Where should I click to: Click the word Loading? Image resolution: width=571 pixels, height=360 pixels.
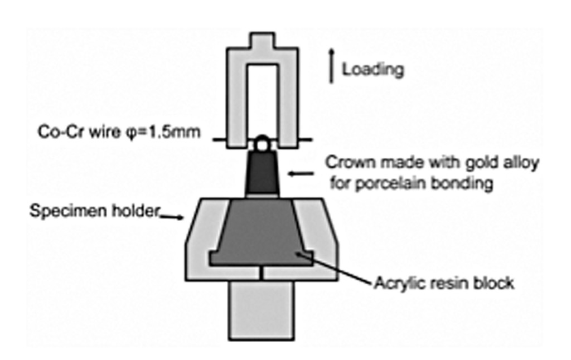373,69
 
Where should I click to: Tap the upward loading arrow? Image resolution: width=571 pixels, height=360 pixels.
331,66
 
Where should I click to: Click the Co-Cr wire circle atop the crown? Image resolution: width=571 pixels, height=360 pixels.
262,143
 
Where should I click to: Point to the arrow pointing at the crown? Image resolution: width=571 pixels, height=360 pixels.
301,174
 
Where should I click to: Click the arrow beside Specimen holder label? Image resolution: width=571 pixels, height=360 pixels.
172,217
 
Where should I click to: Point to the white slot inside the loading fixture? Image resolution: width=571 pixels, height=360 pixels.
262,101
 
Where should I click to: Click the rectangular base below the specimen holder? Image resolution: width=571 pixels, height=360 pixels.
262,310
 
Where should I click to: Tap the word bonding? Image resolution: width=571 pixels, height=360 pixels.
462,183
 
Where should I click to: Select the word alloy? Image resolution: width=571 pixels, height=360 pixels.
521,163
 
